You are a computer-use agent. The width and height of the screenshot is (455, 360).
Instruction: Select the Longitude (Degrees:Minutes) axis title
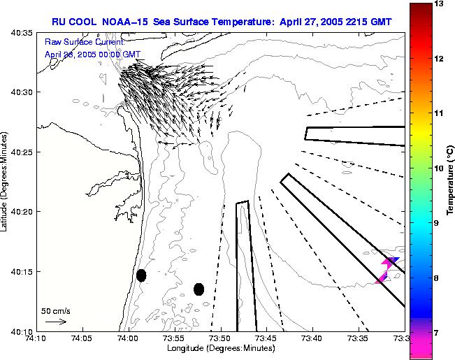[x=218, y=349]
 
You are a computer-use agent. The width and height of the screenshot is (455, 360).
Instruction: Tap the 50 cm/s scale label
[x=55, y=310]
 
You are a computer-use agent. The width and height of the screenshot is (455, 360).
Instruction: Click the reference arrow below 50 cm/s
[x=55, y=322]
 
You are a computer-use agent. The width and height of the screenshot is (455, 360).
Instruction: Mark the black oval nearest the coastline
[x=141, y=275]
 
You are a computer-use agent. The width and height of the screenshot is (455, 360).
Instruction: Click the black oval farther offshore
[x=198, y=289]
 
